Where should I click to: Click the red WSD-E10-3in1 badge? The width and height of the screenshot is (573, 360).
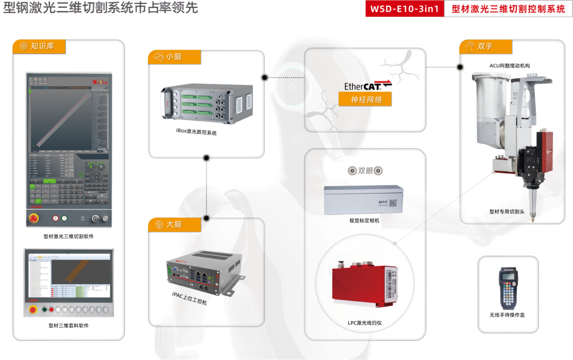404,8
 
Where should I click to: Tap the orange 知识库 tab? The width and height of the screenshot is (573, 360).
40,46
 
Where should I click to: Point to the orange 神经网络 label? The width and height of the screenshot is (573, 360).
365,99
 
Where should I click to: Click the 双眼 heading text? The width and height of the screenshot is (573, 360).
365,171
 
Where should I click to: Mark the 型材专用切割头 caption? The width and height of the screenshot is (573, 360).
507,211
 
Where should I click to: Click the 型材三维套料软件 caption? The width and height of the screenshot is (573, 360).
68,326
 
